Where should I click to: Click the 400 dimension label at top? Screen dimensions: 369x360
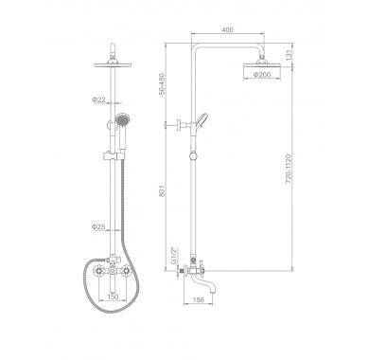[x=227, y=30]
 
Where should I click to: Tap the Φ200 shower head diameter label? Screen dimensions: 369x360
[x=262, y=75]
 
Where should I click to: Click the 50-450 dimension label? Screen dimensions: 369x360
[x=162, y=83]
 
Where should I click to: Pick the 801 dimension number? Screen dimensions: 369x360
[x=162, y=191]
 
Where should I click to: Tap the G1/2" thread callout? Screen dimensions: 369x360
[x=173, y=255]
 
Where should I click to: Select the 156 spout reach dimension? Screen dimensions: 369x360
[x=199, y=299]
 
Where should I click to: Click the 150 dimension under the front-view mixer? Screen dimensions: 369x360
[x=113, y=297]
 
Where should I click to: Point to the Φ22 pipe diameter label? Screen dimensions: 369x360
[x=98, y=99]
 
